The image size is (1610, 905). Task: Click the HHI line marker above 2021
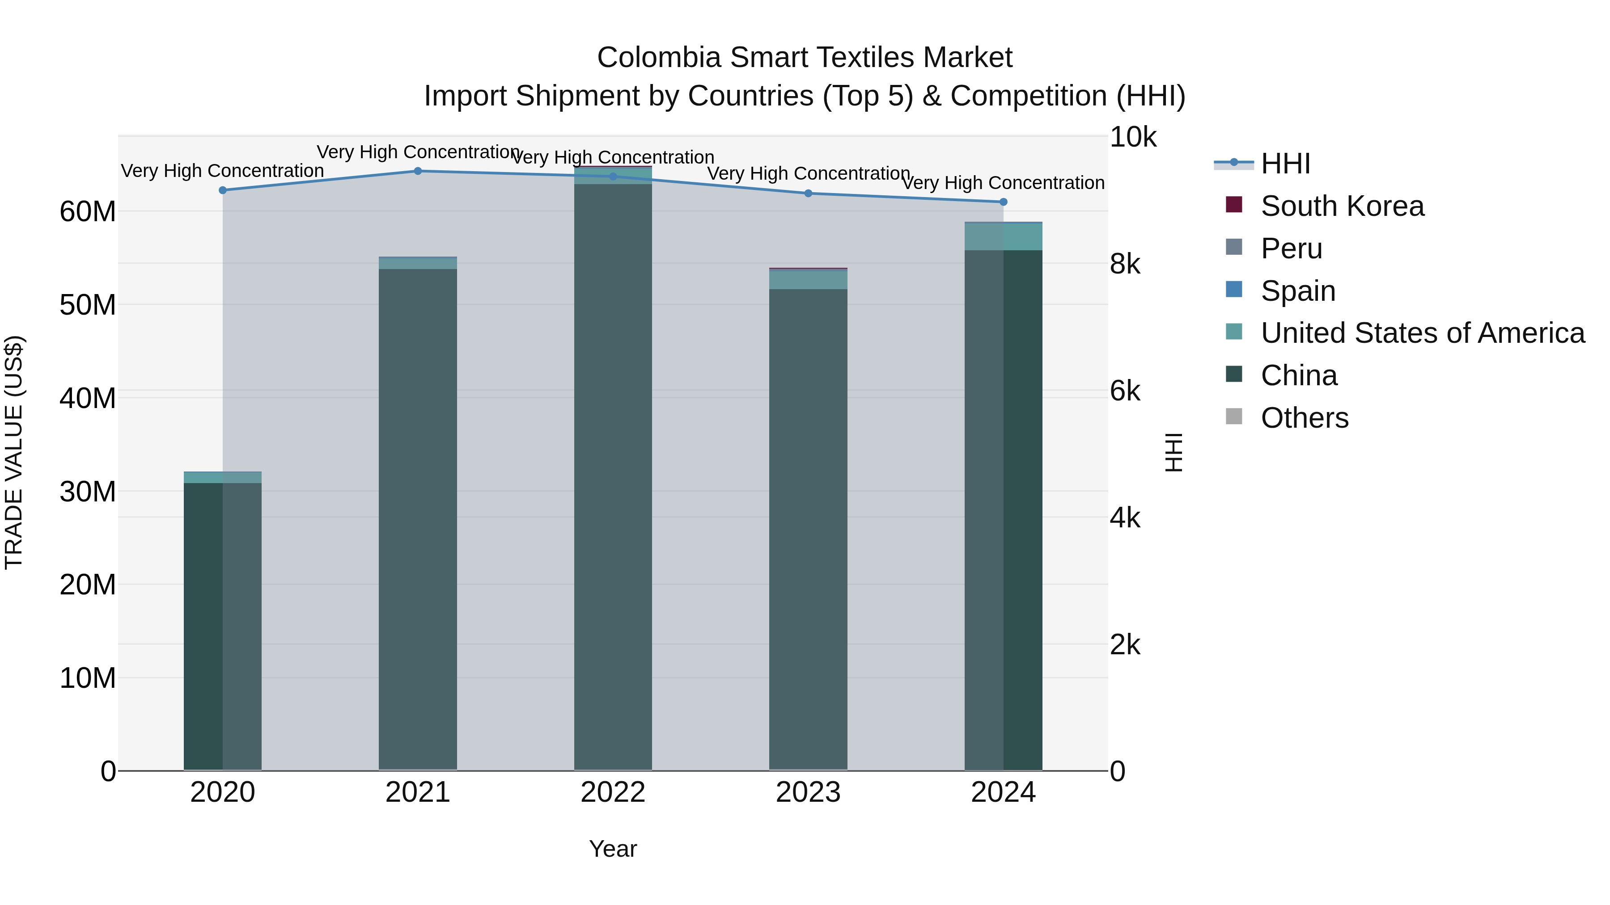click(x=418, y=171)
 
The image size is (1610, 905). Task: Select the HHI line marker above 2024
click(x=1003, y=202)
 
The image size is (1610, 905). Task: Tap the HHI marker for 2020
click(x=223, y=190)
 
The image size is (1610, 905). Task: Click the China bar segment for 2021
click(x=418, y=518)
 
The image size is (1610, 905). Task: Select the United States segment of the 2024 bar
click(x=1003, y=237)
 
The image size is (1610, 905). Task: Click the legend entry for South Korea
click(x=1342, y=206)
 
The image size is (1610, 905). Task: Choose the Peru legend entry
click(x=1291, y=248)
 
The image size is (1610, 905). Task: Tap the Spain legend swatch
click(x=1234, y=290)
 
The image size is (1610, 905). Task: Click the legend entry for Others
click(x=1305, y=418)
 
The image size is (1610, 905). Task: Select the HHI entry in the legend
click(x=1285, y=164)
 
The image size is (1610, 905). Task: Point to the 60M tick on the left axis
click(x=88, y=212)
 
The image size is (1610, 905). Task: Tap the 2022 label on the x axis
click(x=613, y=792)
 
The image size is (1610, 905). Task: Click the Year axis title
click(x=613, y=849)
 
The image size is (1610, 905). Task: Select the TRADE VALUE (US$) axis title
click(x=14, y=452)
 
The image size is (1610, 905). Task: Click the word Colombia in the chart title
click(x=659, y=58)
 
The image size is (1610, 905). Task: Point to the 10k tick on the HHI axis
click(x=1132, y=137)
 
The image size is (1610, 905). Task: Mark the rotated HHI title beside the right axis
click(x=1174, y=452)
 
